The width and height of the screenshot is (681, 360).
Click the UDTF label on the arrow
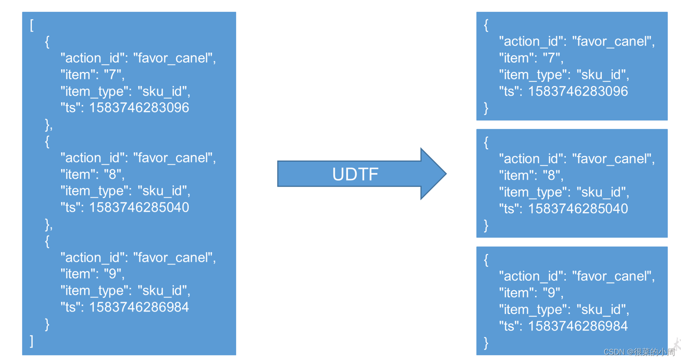tap(355, 174)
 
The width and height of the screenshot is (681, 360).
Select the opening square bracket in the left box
tap(32, 25)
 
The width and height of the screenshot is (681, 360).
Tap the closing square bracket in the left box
tap(32, 341)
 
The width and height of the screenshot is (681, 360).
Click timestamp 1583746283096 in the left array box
tap(139, 108)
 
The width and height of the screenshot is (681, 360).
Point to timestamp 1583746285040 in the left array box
tap(139, 207)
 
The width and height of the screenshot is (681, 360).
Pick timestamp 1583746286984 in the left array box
tap(139, 307)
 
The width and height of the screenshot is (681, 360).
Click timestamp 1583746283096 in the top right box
tap(578, 91)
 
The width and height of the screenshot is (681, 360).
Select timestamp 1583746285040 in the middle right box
tap(578, 209)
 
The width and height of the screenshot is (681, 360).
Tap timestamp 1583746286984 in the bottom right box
tap(578, 326)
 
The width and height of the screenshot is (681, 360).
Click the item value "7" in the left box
tap(112, 75)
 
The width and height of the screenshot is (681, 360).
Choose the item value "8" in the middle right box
tap(551, 175)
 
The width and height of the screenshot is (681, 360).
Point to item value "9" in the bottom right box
tap(551, 293)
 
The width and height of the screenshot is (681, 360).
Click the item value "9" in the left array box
tap(112, 274)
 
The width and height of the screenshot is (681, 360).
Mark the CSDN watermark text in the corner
tap(638, 352)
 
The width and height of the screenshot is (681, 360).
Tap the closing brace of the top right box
tap(486, 108)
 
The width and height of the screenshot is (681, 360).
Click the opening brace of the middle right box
tap(486, 143)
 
